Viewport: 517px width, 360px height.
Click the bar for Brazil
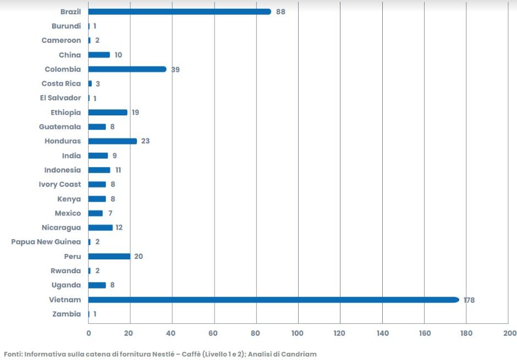(x=180, y=12)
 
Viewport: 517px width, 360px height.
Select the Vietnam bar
(x=274, y=300)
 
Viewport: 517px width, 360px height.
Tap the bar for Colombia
(x=127, y=69)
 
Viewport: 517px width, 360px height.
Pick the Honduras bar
(x=112, y=141)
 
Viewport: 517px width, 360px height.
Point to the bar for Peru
(x=109, y=256)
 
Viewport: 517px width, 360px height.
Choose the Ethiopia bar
(x=108, y=112)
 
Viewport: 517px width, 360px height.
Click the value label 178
(x=469, y=300)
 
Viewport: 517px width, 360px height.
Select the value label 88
(x=280, y=12)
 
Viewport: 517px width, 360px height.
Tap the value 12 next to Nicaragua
(x=119, y=228)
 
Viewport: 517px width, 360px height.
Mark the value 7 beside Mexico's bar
(x=111, y=213)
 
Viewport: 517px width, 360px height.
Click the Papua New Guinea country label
(x=46, y=242)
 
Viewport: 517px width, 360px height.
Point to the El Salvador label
(x=61, y=98)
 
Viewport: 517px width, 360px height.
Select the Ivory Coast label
(x=60, y=185)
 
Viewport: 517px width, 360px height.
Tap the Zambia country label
(x=67, y=314)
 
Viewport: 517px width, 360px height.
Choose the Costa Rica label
(x=62, y=84)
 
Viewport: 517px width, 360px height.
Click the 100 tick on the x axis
(x=298, y=333)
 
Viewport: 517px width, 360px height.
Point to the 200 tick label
(x=510, y=333)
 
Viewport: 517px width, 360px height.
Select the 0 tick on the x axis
(x=89, y=333)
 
